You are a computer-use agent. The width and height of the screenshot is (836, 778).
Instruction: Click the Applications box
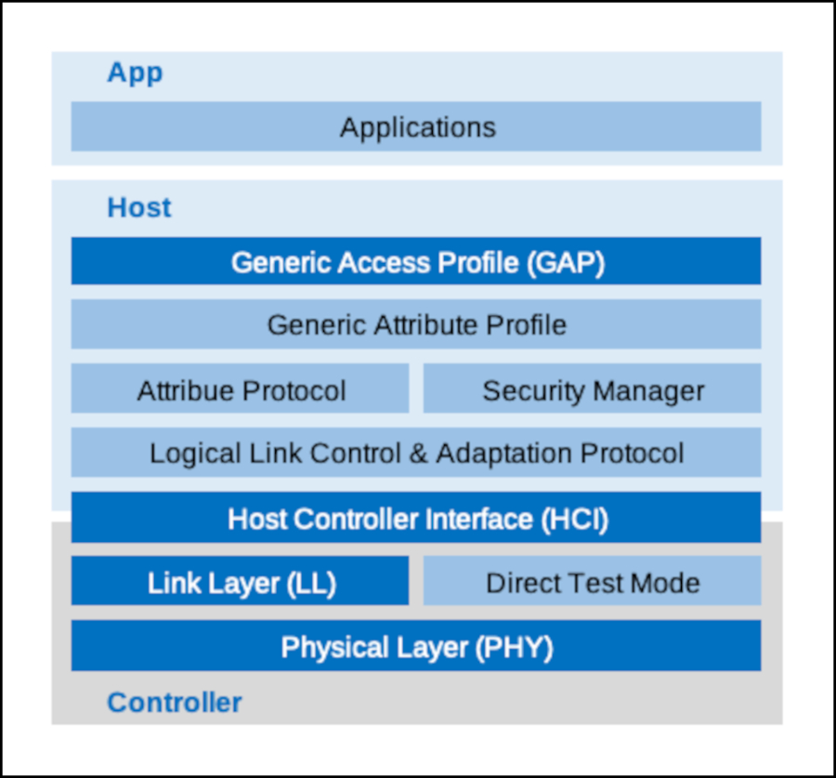[x=416, y=126]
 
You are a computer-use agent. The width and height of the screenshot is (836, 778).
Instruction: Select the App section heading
[x=135, y=73]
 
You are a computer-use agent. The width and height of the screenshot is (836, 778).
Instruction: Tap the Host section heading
[x=139, y=207]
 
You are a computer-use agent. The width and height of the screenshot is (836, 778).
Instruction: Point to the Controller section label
[x=175, y=702]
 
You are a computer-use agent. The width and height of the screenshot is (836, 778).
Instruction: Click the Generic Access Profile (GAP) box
[x=416, y=261]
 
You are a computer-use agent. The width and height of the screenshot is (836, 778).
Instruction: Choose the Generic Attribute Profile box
[x=416, y=323]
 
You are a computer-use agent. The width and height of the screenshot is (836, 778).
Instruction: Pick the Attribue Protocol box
[x=240, y=388]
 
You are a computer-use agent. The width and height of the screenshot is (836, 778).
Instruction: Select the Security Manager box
[x=592, y=388]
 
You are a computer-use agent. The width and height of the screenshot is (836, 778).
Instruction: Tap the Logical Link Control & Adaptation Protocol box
[x=416, y=452]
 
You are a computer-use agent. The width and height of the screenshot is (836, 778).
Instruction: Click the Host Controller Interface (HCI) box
[x=416, y=517]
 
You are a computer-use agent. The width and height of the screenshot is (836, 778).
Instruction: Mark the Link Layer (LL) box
[x=240, y=581]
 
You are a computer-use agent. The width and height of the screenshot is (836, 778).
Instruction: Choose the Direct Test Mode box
[x=592, y=581]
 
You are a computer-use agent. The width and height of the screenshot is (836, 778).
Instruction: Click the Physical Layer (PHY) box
[x=416, y=645]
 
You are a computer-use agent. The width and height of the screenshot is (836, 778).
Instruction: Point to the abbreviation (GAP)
[x=566, y=263]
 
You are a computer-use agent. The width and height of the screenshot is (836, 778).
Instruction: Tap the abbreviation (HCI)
[x=575, y=520]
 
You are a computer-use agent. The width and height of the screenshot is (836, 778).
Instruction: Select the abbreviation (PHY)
[x=514, y=648]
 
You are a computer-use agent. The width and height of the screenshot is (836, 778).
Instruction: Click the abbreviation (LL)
[x=311, y=583]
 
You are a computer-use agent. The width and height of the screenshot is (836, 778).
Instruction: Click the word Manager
[x=648, y=392]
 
